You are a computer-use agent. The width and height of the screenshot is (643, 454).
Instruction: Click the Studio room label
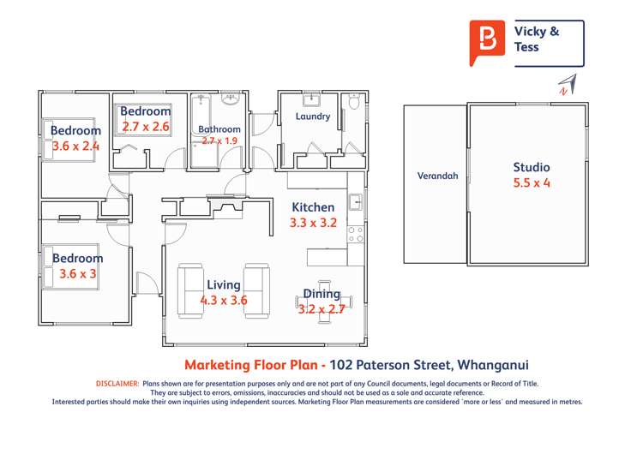click(532, 168)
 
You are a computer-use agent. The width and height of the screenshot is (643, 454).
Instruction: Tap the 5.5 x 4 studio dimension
click(532, 183)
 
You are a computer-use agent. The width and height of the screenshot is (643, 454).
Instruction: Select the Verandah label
click(437, 176)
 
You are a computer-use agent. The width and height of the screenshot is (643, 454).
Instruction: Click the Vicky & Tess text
click(536, 39)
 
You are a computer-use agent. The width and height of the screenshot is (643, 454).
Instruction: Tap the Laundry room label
click(312, 116)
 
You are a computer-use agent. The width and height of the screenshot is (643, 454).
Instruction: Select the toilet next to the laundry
click(356, 104)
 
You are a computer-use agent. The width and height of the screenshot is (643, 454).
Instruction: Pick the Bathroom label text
click(219, 130)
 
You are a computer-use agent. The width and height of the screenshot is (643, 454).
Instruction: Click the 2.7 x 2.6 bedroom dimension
click(146, 127)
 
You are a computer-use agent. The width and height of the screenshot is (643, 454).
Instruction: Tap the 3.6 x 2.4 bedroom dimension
click(76, 146)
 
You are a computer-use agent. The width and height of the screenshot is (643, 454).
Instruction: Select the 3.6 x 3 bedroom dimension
click(78, 274)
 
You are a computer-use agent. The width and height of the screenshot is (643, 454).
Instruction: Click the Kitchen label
click(313, 207)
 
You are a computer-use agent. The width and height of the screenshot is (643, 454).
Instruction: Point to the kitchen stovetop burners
click(356, 234)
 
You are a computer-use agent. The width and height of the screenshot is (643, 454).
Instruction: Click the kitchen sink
click(356, 202)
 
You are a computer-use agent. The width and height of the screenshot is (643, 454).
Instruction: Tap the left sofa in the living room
click(189, 290)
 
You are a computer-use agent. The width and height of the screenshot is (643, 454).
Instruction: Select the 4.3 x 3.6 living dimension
click(224, 301)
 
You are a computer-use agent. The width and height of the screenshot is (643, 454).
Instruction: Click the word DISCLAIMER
click(117, 384)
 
